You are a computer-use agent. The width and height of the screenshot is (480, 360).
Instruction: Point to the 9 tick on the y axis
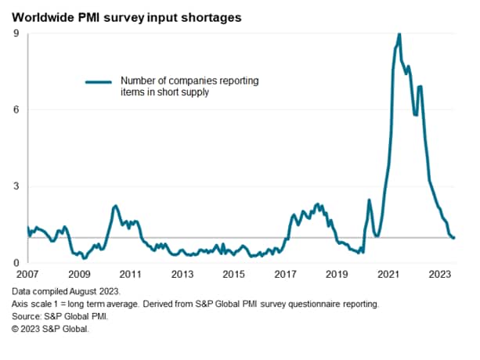point(17,34)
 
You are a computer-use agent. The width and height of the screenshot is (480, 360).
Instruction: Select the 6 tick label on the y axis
point(17,110)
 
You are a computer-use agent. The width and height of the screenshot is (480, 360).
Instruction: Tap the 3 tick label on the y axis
point(17,186)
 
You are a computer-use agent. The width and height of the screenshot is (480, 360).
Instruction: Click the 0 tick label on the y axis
point(17,263)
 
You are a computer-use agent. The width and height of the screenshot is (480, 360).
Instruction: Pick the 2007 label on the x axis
point(27,275)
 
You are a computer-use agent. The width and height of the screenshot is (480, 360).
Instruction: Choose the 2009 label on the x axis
point(79,275)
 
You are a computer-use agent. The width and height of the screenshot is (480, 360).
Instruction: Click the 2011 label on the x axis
point(130,275)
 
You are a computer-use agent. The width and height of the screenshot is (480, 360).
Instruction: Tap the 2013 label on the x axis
point(182,275)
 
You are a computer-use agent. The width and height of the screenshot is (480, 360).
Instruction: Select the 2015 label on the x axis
point(233,275)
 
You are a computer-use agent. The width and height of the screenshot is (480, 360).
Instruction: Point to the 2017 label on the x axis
point(285,275)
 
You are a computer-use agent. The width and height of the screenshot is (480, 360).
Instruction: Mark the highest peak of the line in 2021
point(399,34)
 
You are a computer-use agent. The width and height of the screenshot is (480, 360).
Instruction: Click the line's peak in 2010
point(115,206)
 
